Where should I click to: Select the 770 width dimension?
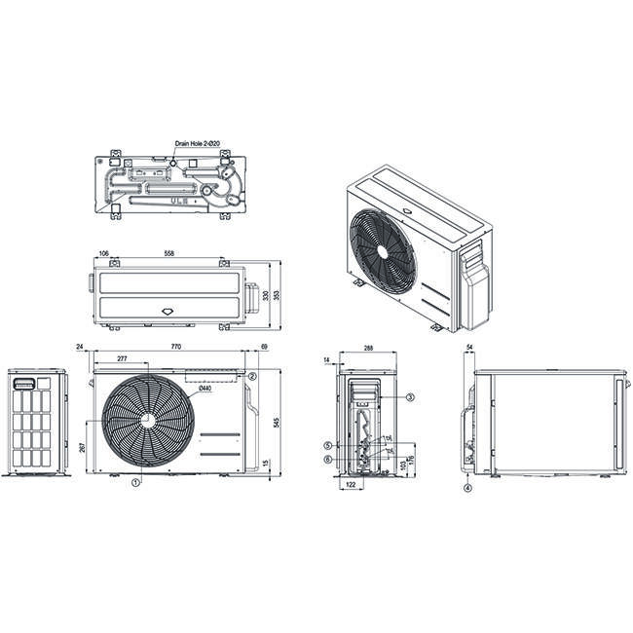coord(176,347)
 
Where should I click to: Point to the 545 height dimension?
coord(279,422)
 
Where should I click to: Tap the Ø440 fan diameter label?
coord(205,390)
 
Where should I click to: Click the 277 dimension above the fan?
coord(121,360)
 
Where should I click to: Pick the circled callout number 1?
coord(136,481)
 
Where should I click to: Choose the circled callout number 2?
coord(251,376)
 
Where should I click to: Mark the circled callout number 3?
coord(410,397)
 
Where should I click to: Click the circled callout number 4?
coord(467,488)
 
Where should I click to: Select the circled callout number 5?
coord(329,445)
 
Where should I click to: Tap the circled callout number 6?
coord(329,459)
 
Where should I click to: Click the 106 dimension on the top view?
coord(103,253)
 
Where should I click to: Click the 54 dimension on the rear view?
coord(470,347)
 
